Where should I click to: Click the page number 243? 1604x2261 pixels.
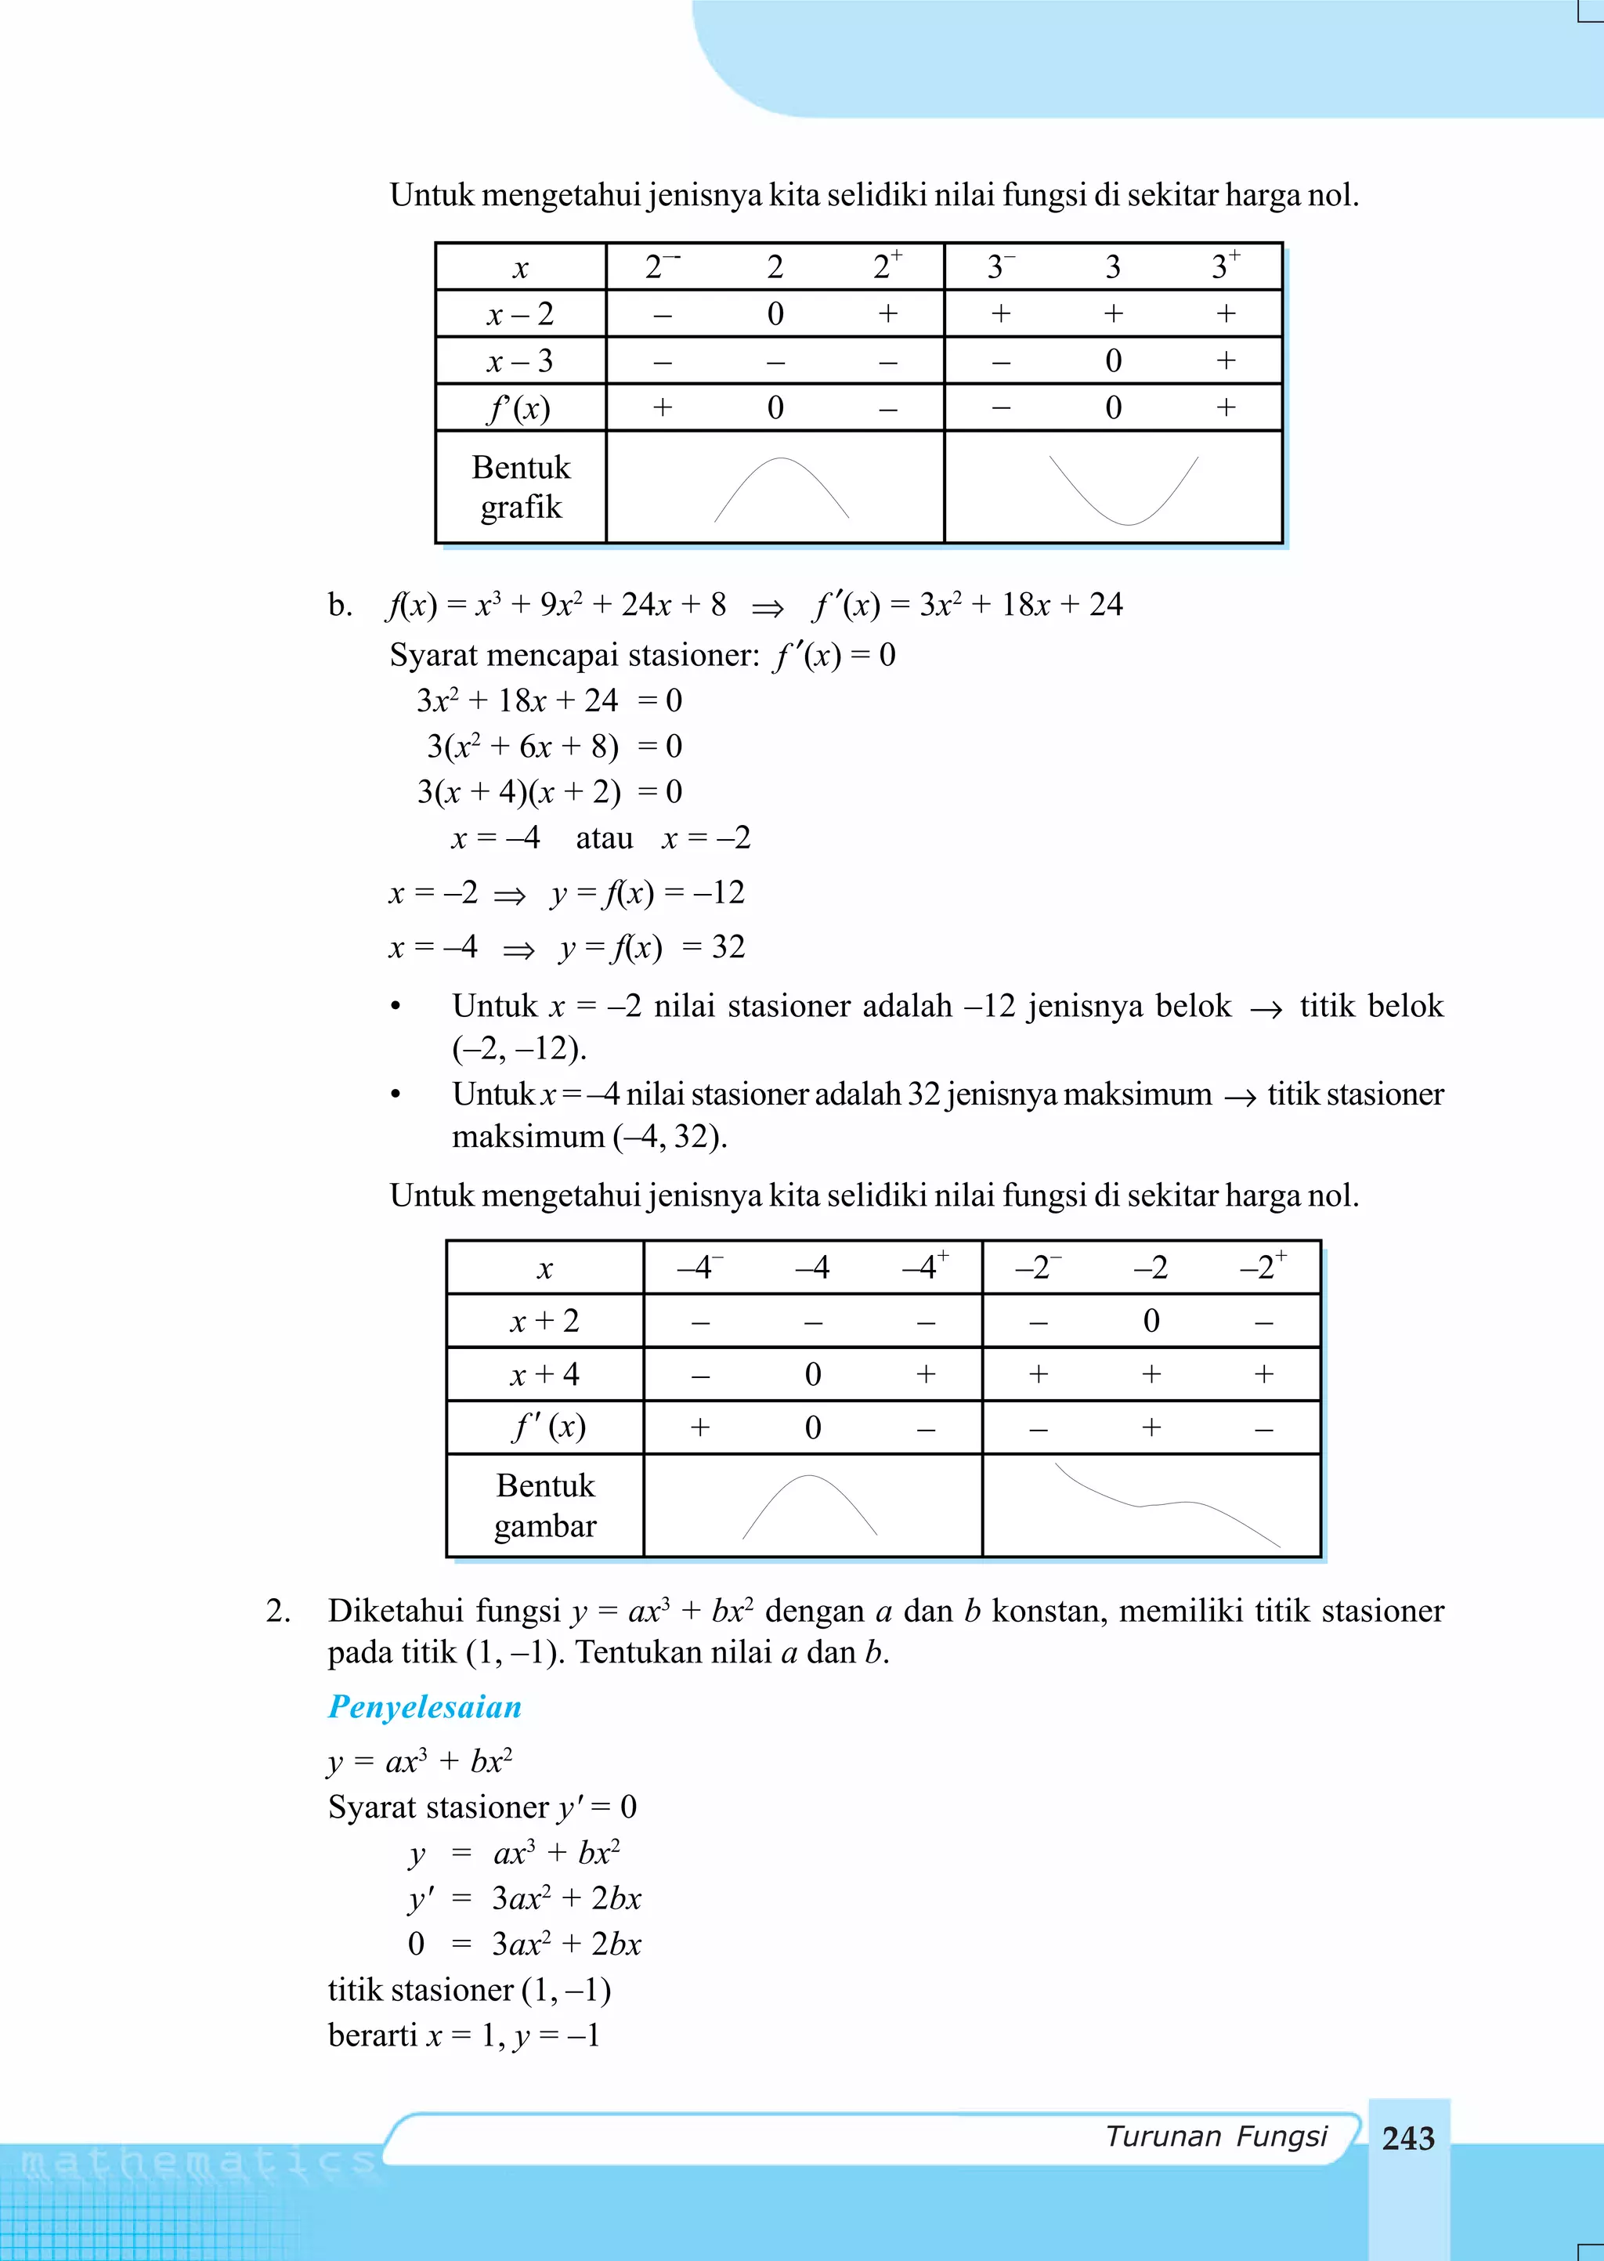coord(1407,2139)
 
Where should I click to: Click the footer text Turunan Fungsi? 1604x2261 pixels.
coord(1216,2136)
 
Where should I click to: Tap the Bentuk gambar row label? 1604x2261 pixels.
coord(545,1505)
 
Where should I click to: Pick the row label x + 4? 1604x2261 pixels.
coord(544,1374)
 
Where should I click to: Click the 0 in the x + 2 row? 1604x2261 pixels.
coord(1151,1321)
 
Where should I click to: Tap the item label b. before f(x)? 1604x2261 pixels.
coord(340,605)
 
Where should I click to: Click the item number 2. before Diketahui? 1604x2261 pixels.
coord(279,1611)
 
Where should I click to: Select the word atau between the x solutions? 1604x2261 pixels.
coord(604,838)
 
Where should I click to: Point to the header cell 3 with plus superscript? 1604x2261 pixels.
coord(1226,266)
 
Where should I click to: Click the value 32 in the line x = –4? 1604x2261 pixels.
coord(728,947)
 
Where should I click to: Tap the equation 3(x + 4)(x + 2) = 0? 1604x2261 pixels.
coord(549,792)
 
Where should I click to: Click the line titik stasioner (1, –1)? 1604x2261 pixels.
coord(469,1989)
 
